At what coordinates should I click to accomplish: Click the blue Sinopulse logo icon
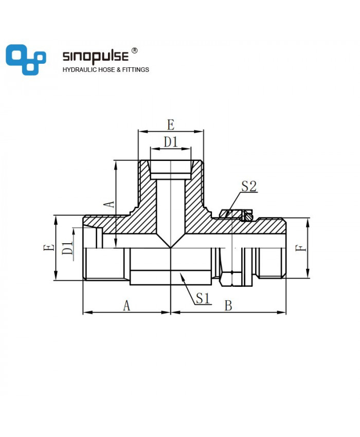[x=26, y=60]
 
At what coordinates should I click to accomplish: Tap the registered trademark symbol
[x=134, y=50]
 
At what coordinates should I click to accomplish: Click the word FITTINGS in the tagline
[x=136, y=70]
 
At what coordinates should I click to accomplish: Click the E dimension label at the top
[x=171, y=124]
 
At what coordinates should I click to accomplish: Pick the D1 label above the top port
[x=171, y=142]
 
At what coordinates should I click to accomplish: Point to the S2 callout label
[x=249, y=186]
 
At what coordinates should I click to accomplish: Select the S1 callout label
[x=203, y=299]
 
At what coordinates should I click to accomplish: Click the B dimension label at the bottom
[x=228, y=305]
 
